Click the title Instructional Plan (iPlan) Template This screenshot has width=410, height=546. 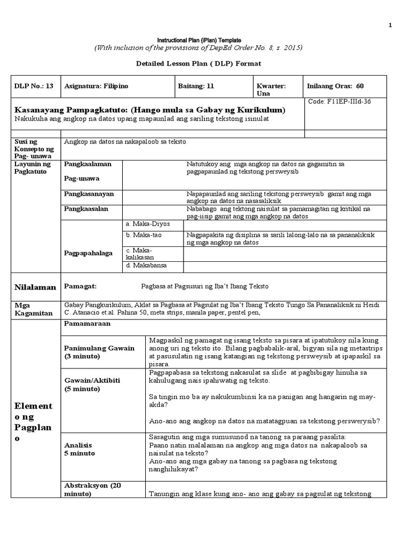(199, 41)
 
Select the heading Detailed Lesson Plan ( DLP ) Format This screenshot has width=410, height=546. (198, 64)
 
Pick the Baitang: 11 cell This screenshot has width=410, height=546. (195, 86)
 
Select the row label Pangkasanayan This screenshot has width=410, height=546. (85, 194)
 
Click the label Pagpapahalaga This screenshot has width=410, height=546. (88, 253)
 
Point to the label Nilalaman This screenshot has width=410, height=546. (35, 287)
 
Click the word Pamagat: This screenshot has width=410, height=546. (80, 286)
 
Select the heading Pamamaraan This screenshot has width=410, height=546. (87, 324)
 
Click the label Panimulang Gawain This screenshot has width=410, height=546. (99, 348)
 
